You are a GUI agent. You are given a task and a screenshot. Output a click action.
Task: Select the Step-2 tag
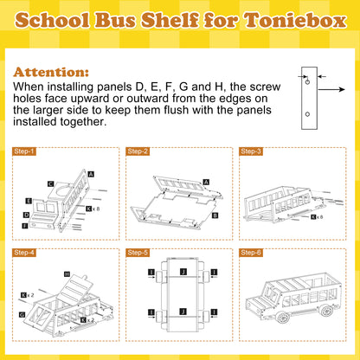pyautogui.click(x=138, y=151)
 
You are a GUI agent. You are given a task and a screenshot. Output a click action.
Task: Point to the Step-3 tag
pyautogui.click(x=252, y=151)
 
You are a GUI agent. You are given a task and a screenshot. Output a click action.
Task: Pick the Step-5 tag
pyautogui.click(x=138, y=253)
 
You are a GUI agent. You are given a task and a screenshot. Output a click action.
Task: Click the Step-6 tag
pyautogui.click(x=252, y=253)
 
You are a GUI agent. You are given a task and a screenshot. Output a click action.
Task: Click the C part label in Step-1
pyautogui.click(x=51, y=183)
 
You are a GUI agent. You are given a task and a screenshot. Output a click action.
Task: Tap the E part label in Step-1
pyautogui.click(x=29, y=201)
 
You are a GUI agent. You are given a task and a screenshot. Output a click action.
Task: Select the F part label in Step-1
pyautogui.click(x=24, y=225)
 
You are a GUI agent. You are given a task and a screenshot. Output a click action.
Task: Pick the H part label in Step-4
pyautogui.click(x=67, y=273)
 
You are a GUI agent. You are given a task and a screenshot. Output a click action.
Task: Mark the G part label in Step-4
pyautogui.click(x=22, y=315)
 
